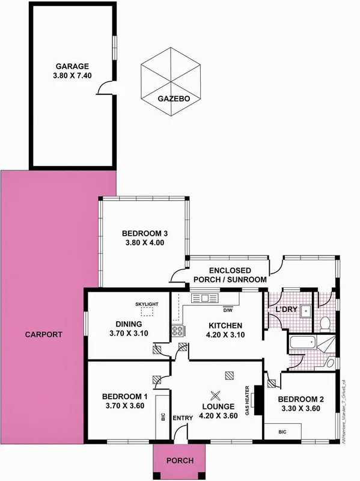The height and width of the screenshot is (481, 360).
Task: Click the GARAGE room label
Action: point(73,66)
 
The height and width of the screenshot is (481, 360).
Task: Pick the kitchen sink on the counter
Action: point(204,298)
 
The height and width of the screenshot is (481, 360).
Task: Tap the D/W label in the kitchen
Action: point(228,311)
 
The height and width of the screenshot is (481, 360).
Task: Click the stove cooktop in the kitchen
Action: point(178,329)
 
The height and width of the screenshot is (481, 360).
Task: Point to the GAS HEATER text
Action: point(247,399)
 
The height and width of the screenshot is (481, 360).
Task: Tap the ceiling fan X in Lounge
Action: point(216,396)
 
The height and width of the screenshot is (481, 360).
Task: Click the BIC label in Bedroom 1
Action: point(163,415)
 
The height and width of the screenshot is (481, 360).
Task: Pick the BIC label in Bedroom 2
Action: point(282,432)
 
